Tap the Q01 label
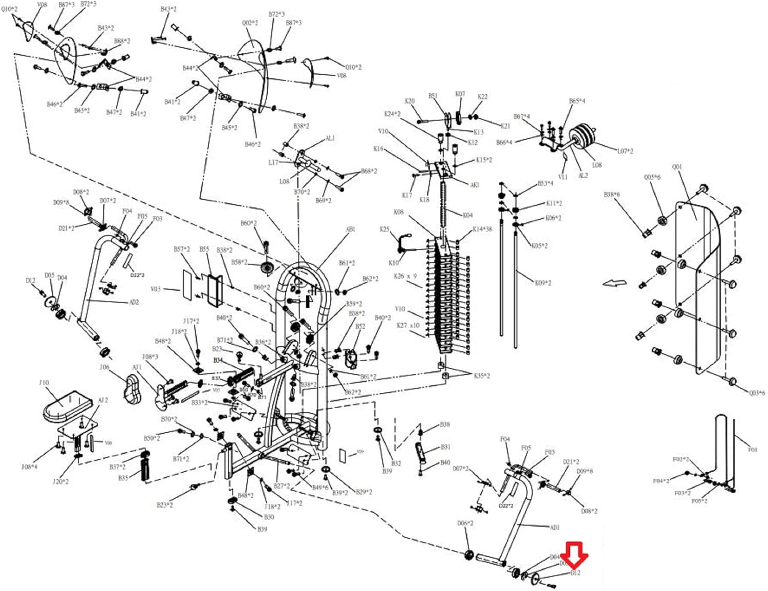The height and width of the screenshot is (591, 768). pos(677,167)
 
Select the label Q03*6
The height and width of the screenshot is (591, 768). pos(757,393)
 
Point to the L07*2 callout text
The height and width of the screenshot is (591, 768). pos(625,151)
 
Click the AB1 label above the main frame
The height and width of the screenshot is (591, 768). pos(350,229)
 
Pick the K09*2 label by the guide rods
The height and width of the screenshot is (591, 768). pos(543,283)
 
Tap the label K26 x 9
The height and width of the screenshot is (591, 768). pos(405,276)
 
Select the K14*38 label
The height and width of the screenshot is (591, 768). pos(482,229)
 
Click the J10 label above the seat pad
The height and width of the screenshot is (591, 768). pos(44,383)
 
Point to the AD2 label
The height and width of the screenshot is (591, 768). pos(134,302)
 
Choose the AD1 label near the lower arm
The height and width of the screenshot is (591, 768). pos(554,527)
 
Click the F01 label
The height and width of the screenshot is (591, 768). pos(752,450)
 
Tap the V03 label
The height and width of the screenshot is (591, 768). pos(156,289)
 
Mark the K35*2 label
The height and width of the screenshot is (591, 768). pos(481,375)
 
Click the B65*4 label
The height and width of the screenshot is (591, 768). pos(577,101)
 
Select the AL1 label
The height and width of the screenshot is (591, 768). pos(330,138)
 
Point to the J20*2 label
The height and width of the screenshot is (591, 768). pos(60,481)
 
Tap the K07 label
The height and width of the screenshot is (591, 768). pos(460,94)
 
